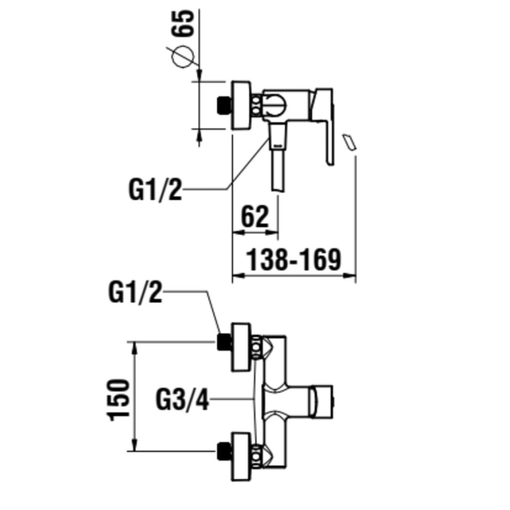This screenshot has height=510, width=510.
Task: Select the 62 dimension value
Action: [256, 217]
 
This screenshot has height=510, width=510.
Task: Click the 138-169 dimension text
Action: [293, 260]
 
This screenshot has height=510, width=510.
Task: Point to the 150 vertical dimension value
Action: [118, 400]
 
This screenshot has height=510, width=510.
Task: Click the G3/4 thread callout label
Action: [183, 401]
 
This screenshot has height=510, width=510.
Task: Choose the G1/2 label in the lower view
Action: [136, 292]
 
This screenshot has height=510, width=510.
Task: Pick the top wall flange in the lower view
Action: [241, 346]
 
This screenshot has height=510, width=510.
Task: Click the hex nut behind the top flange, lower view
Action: [257, 348]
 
